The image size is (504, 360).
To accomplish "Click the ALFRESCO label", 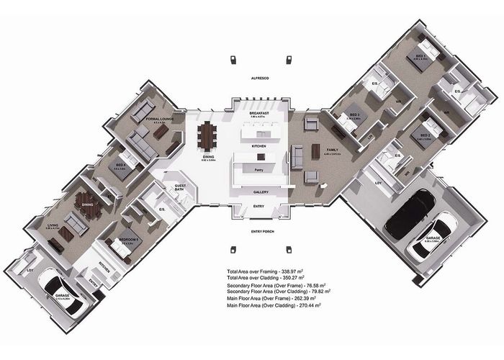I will (x=258, y=76).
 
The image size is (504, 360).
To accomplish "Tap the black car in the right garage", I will (x=409, y=212).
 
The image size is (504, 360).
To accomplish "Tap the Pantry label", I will (x=258, y=170).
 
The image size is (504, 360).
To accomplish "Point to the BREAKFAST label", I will (x=258, y=114).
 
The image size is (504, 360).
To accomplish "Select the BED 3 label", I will (x=354, y=115).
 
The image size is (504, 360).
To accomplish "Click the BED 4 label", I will (x=121, y=165).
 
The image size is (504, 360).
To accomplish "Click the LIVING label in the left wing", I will (x=53, y=225).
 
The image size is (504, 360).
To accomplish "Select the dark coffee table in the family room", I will (x=315, y=152).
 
